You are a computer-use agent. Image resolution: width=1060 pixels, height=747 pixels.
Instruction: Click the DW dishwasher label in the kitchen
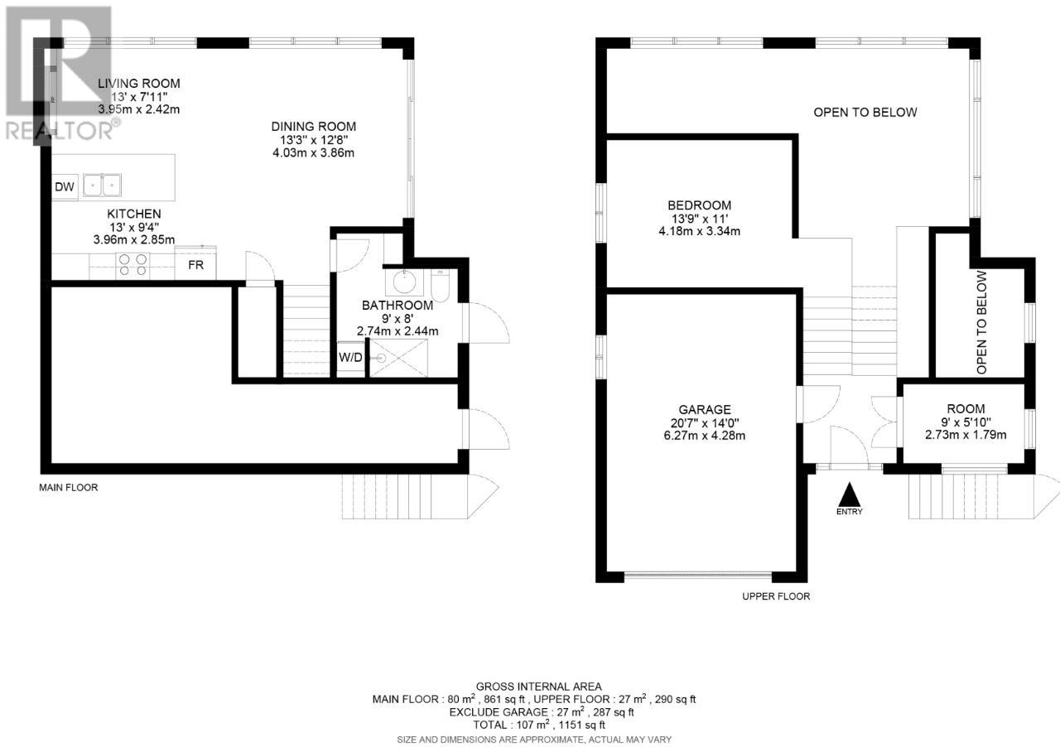(x=65, y=187)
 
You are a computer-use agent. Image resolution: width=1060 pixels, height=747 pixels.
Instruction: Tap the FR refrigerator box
(x=195, y=263)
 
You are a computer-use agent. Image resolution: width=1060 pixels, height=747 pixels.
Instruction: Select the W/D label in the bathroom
(x=350, y=358)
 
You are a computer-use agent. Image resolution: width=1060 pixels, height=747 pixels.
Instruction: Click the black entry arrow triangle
(x=850, y=494)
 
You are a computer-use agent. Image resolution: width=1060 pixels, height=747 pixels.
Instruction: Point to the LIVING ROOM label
(x=139, y=84)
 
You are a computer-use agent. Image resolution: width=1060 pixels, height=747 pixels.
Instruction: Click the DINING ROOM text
(x=314, y=127)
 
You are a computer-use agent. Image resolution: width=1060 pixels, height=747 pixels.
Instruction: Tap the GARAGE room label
(x=705, y=409)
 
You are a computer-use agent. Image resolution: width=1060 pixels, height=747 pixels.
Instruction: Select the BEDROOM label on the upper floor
(x=700, y=205)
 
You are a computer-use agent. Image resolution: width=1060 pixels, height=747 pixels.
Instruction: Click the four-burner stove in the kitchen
(x=132, y=265)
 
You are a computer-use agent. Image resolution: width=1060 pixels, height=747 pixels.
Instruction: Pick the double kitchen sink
(x=102, y=185)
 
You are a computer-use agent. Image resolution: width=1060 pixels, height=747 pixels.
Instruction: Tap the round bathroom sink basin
(x=404, y=282)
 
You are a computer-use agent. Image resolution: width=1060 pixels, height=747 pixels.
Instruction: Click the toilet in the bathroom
(x=440, y=286)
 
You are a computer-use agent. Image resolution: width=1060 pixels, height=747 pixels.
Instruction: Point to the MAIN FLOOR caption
(x=69, y=488)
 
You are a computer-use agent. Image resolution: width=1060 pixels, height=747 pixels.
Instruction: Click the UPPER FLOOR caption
(x=776, y=596)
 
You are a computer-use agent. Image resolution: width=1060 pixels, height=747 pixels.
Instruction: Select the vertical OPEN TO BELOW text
(x=982, y=322)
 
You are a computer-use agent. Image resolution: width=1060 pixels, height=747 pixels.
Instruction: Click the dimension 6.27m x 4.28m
(x=705, y=436)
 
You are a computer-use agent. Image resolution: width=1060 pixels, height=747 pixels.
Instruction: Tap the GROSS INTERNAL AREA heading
(x=539, y=687)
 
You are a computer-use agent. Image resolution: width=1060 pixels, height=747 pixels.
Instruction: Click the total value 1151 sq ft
(x=582, y=725)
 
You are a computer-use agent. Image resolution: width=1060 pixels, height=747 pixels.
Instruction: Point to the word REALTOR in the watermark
(x=59, y=131)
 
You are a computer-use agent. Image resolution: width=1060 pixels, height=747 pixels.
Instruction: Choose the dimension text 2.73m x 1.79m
(x=966, y=435)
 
